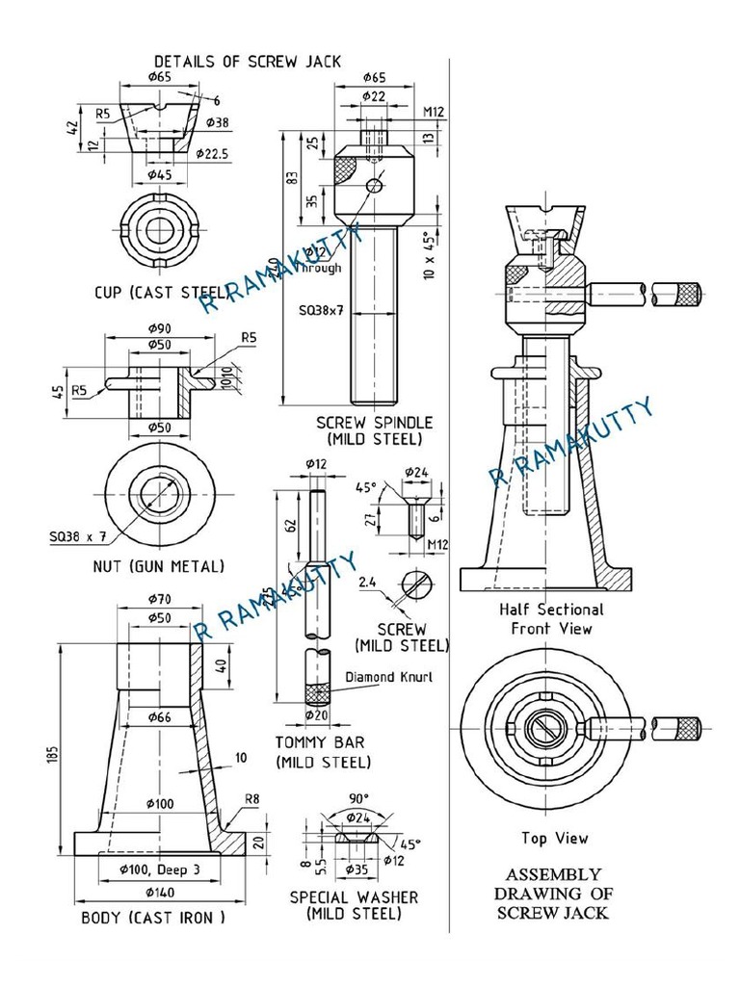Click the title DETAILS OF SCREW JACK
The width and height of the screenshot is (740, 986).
point(247,61)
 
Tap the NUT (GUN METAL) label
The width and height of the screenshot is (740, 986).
point(158,565)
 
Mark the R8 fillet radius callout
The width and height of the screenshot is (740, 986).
point(252,798)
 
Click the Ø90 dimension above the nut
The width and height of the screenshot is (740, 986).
point(160,328)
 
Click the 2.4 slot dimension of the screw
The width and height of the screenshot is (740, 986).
point(367,582)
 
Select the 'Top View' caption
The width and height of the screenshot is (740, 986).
point(554,838)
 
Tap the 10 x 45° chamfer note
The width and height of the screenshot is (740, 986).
point(429,254)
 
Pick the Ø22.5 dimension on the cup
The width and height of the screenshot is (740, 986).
point(211,154)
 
